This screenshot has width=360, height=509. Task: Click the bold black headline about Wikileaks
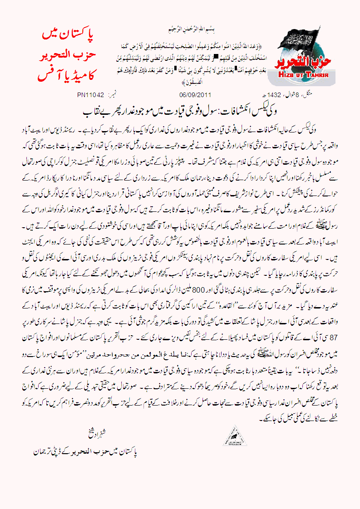tap(180, 111)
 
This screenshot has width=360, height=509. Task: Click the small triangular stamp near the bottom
tap(234, 436)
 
